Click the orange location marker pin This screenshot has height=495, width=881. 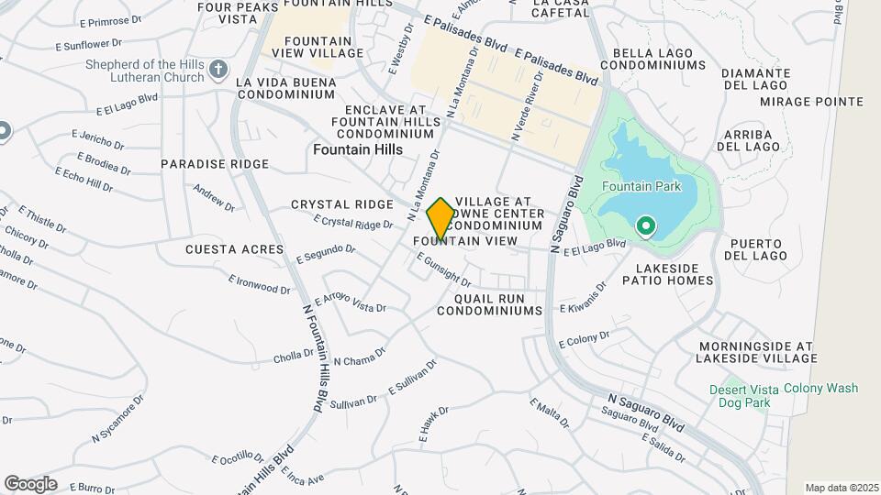[440, 219]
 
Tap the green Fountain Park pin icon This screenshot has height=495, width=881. [645, 225]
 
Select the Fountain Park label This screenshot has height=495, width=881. [641, 186]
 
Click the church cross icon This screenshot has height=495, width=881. [218, 70]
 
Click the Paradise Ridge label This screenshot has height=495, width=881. [215, 164]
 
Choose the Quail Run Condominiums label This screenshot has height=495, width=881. [489, 304]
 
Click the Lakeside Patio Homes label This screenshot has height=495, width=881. [661, 274]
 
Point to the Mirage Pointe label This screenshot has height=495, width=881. [799, 102]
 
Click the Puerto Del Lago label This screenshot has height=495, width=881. [756, 249]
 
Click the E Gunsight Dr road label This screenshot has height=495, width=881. [443, 269]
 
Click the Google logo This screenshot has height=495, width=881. [30, 483]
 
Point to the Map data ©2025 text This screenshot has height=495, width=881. [840, 488]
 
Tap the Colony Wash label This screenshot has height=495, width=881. [821, 389]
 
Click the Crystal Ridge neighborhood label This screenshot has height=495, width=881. [341, 204]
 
